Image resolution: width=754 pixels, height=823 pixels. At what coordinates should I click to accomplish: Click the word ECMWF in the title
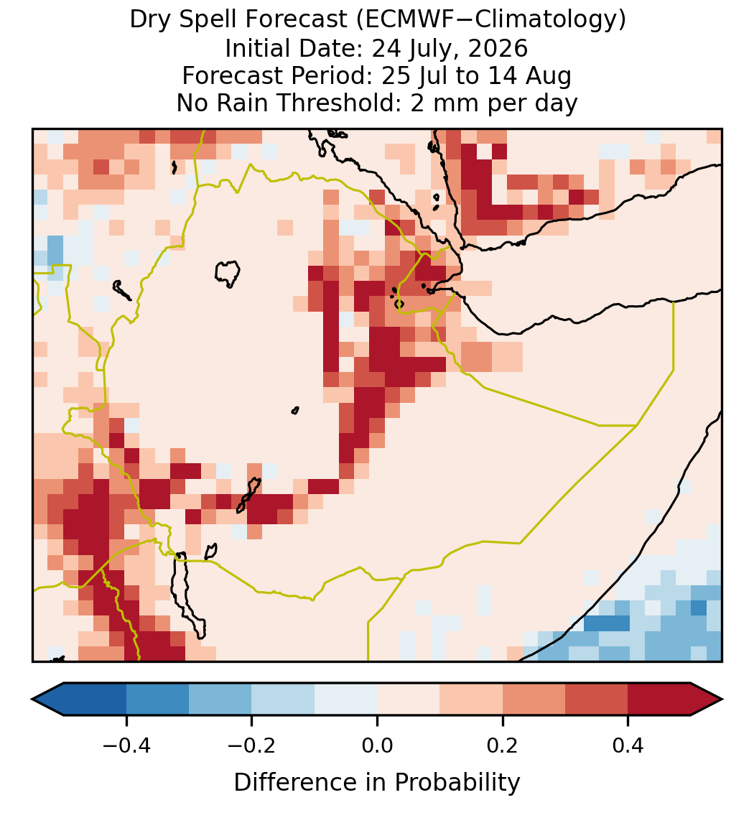pos(403,20)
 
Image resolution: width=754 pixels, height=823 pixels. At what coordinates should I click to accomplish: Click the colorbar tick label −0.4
pos(126,745)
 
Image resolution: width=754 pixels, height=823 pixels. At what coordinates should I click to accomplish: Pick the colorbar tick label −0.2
pos(252,745)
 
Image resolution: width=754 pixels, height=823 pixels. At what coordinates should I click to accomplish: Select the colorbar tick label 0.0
pos(377,745)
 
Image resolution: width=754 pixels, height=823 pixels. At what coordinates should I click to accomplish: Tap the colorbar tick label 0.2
pos(503,745)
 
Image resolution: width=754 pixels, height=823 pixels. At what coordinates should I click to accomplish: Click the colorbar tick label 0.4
pos(628,745)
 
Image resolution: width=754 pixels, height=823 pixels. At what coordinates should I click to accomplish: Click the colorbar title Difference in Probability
pos(377,783)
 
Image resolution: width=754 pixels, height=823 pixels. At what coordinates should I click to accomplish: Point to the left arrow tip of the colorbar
pos(32,699)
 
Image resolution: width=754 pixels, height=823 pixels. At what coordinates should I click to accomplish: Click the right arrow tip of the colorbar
pos(722,699)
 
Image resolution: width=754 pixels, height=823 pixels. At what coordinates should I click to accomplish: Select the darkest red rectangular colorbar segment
pos(659,699)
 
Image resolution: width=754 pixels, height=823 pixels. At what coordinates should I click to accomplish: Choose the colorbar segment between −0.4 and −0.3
pos(158,699)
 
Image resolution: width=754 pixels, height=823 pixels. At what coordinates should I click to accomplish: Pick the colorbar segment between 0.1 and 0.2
pos(471,699)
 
